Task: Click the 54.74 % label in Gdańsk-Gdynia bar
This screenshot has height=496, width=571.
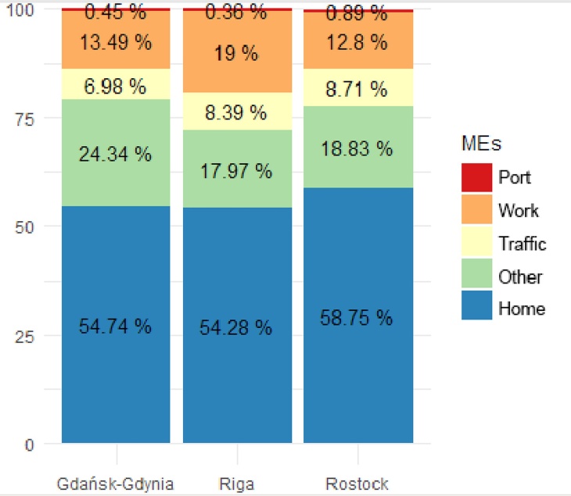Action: tap(115, 327)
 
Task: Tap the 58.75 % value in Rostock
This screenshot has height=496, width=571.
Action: tap(357, 317)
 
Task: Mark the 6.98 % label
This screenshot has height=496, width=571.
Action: tap(115, 87)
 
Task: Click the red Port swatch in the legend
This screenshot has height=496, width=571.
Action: tap(476, 177)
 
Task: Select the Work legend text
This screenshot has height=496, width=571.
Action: tap(519, 211)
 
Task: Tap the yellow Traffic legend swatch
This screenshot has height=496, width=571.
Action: tap(476, 244)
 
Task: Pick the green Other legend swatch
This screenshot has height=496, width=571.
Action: tap(476, 277)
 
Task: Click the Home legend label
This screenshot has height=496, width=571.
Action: tap(522, 309)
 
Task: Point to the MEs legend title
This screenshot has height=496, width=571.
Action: tap(479, 143)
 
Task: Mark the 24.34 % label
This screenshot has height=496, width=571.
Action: tap(115, 154)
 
